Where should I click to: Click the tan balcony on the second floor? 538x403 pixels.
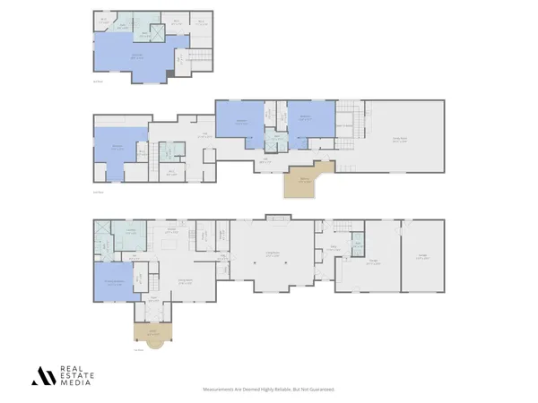coord(300,184)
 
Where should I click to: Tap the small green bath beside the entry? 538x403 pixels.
coord(356,244)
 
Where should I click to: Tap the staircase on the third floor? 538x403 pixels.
coord(179,60)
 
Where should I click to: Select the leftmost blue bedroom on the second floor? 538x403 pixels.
coord(116,149)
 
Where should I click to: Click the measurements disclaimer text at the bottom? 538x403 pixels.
coord(268,390)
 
